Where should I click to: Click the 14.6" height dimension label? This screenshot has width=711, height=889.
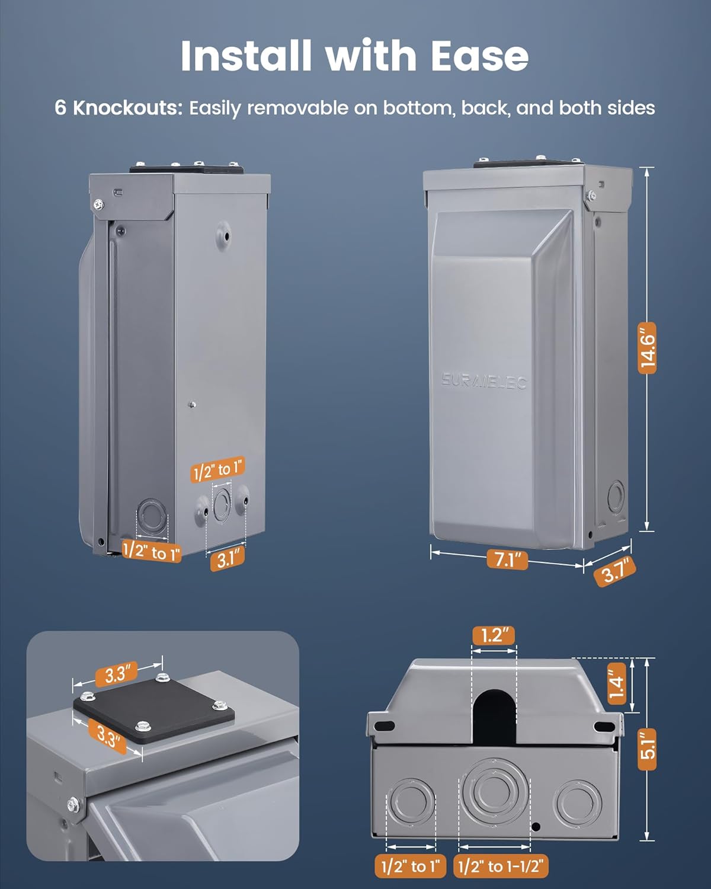(647, 348)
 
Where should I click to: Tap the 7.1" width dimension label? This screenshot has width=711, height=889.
(507, 559)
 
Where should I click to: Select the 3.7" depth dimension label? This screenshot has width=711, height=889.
(615, 571)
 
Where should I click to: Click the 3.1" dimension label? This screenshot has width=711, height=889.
(228, 559)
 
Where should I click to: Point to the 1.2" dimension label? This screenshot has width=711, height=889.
(494, 636)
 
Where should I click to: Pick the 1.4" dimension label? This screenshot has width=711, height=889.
(617, 684)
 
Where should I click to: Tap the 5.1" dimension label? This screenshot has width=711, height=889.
(647, 750)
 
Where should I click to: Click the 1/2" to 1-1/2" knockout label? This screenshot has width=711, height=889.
(501, 866)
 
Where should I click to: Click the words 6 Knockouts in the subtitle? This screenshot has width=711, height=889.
(118, 108)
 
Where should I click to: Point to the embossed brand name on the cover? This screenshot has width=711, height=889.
(484, 381)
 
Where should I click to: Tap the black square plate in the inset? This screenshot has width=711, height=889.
(153, 711)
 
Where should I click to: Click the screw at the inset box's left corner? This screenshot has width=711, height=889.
(73, 804)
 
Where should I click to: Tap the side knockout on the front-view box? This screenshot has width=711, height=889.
(616, 497)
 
